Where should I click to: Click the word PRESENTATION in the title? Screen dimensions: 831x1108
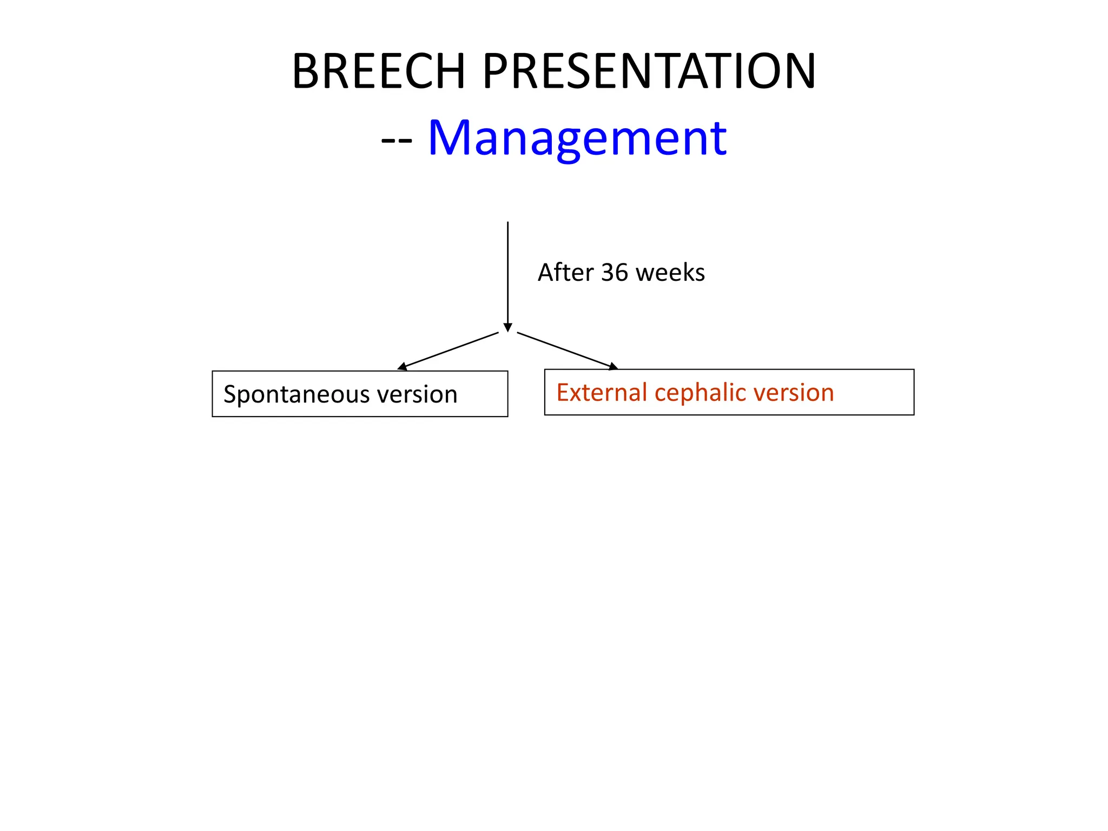click(x=649, y=71)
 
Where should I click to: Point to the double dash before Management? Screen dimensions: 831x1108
click(x=397, y=140)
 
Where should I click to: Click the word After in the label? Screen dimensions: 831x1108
click(x=565, y=272)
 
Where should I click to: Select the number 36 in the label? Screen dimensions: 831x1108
click(x=614, y=272)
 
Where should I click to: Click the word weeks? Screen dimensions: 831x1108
click(x=670, y=272)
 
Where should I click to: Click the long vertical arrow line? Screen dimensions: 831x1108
click(x=507, y=271)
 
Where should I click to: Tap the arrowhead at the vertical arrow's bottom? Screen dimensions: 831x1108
click(x=507, y=328)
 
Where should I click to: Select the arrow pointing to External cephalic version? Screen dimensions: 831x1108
click(x=567, y=351)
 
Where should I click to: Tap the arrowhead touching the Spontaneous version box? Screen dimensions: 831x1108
click(x=402, y=367)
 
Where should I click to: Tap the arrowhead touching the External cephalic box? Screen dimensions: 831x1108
click(x=613, y=367)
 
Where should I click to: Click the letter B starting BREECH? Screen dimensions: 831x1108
click(x=305, y=71)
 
